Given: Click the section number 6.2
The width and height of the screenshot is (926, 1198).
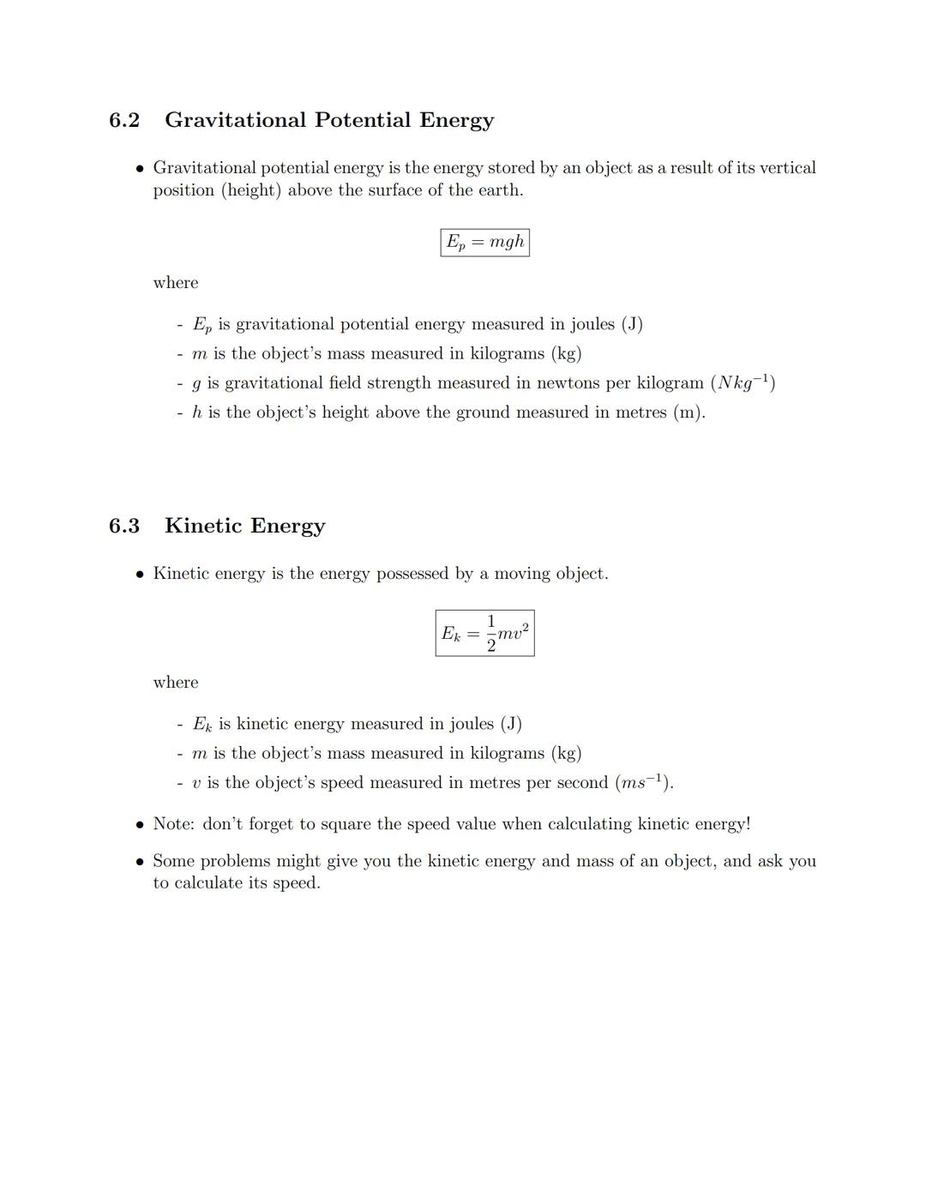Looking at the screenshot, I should tap(124, 120).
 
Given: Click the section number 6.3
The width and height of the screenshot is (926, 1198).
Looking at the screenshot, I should tap(124, 526).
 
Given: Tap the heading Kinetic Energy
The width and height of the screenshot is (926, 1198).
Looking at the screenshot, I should tap(244, 526).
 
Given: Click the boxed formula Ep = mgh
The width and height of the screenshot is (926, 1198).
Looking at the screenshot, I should tap(484, 243).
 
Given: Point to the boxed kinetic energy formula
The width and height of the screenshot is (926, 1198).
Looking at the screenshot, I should tap(484, 634).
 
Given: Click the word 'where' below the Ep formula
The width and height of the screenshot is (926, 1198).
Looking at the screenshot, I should tap(175, 283).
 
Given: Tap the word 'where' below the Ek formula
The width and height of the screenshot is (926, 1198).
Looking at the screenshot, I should tap(175, 683).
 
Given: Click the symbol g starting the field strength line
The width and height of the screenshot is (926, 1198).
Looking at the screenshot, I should tap(197, 383).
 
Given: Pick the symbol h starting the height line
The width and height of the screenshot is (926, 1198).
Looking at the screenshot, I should tap(197, 412).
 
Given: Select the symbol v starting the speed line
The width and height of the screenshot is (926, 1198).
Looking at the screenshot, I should tap(197, 783).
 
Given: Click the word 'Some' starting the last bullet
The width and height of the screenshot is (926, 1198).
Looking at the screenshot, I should tap(173, 861).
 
